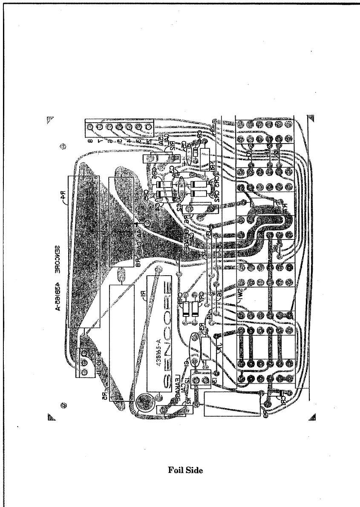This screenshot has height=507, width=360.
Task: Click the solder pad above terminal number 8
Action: coord(90,127)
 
